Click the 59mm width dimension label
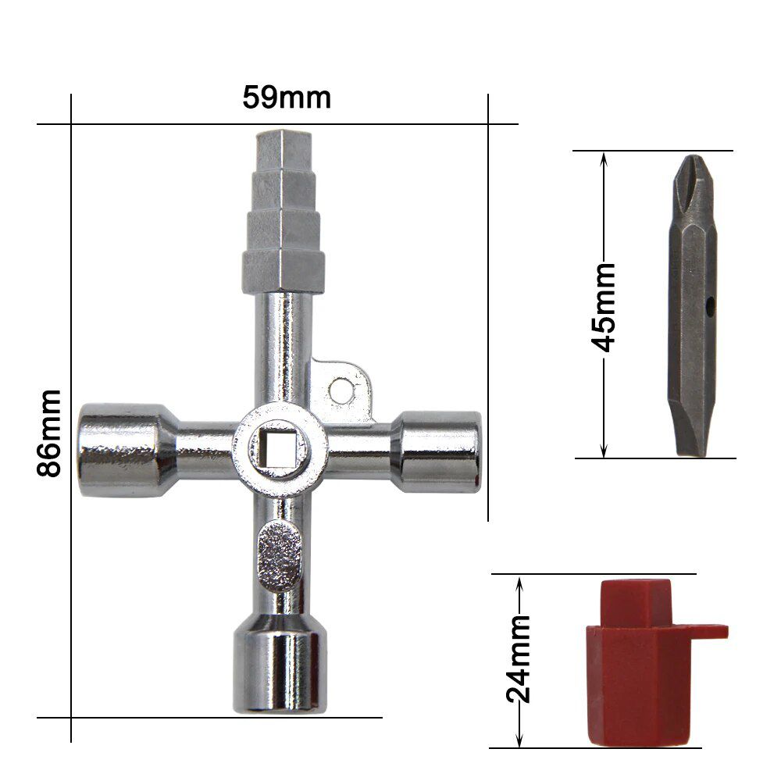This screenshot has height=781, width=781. point(287,98)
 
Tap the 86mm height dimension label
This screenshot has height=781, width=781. point(48,433)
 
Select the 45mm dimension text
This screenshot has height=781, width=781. point(603,308)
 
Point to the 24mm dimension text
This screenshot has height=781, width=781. point(519,658)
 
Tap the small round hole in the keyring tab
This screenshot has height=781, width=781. point(341,390)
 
